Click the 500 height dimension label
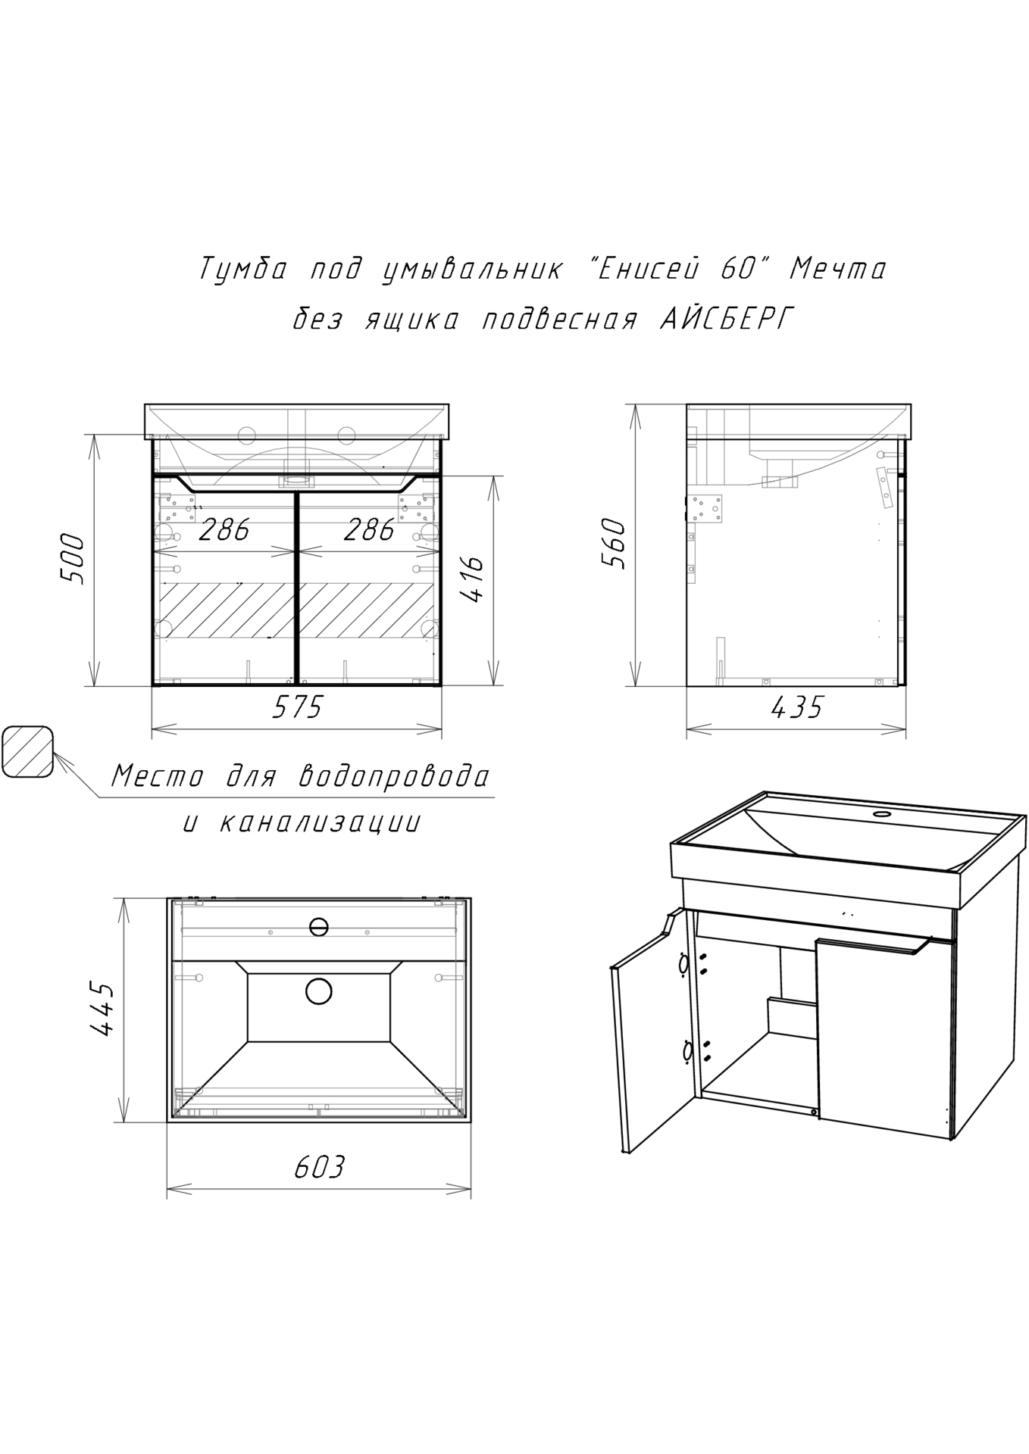coord(72,558)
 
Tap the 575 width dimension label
coord(297,707)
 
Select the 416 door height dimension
coord(473,579)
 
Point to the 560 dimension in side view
coord(613,543)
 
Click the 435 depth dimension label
coord(796,707)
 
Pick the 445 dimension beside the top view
coord(102,1010)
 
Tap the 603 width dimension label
coord(319,1167)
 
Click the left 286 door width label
coord(224,530)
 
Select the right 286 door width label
coord(369,530)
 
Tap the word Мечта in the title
coord(837,269)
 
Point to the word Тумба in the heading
coord(243,270)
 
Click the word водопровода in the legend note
coord(394,775)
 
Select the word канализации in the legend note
coord(319,823)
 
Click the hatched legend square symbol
coord(27,751)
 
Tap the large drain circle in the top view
coord(319,991)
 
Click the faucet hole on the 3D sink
coord(881,815)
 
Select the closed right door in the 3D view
coord(884,1037)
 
